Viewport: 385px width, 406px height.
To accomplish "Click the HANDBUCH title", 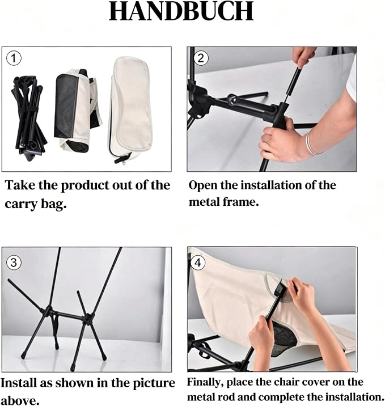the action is [x=181, y=11].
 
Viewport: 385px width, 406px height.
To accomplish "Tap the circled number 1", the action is [x=14, y=58].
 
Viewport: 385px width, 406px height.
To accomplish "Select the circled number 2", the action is [x=201, y=58].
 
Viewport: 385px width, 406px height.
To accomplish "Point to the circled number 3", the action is [x=14, y=263].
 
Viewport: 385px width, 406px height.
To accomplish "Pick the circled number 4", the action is [x=197, y=263].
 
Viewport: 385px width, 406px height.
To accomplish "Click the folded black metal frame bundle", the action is [x=29, y=118].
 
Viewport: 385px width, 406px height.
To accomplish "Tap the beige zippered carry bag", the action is [x=130, y=110].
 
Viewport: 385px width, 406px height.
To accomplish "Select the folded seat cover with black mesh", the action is [x=78, y=110].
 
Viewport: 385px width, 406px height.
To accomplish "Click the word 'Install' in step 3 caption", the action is [x=18, y=383].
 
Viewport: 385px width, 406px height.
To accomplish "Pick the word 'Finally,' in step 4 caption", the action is [x=205, y=382].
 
